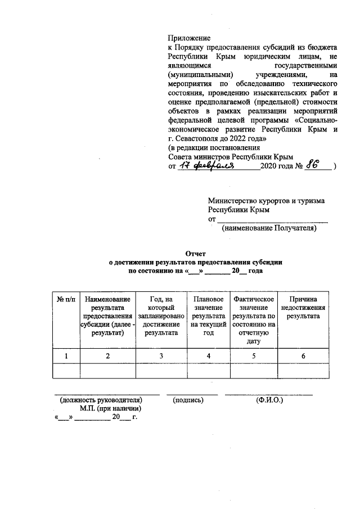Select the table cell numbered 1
coord(66,355)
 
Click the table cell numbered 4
coord(209,355)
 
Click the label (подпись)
coord(188,400)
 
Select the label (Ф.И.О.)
coord(269,400)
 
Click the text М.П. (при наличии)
coord(110,409)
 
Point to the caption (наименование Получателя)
coord(269,228)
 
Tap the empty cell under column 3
coord(161,371)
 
